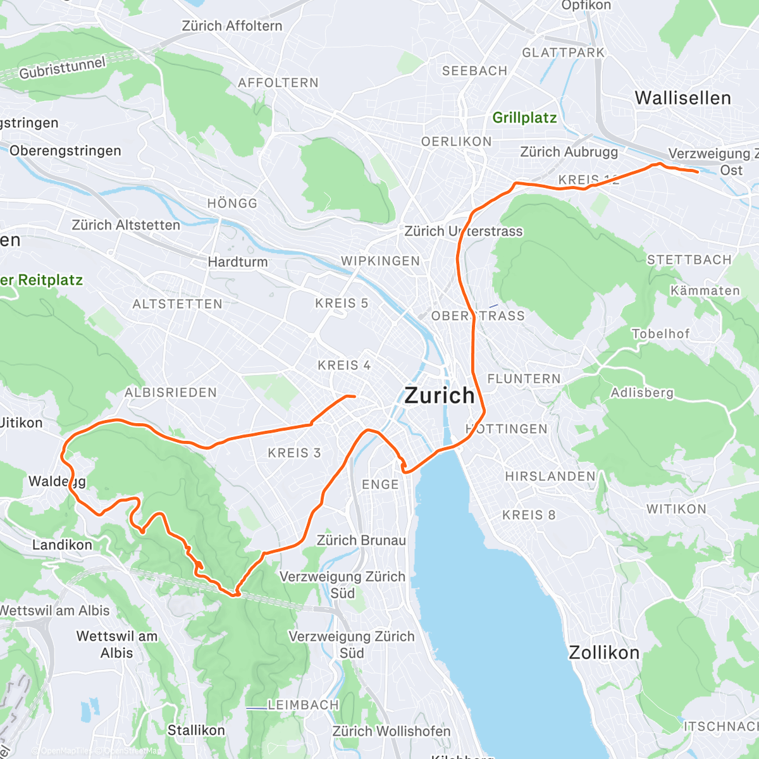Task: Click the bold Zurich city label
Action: point(439,395)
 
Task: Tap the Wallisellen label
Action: point(682,98)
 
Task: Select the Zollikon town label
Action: point(604,652)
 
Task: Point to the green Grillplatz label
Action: point(524,118)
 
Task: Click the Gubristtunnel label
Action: point(62,68)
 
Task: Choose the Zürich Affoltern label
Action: point(232,26)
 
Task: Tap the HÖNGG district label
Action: point(232,203)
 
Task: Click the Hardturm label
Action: point(238,261)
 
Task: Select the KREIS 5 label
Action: point(342,304)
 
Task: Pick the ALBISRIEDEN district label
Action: point(171,392)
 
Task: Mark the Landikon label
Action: point(62,545)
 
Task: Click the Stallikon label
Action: point(196,730)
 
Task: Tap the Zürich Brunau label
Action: point(361,540)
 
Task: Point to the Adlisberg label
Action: point(642,393)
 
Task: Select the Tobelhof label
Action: point(660,333)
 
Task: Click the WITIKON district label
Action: point(676,509)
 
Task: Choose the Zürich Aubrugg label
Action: point(569,152)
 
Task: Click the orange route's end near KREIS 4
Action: point(355,397)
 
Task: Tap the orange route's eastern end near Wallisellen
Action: point(697,171)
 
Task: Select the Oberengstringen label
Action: point(65,151)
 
